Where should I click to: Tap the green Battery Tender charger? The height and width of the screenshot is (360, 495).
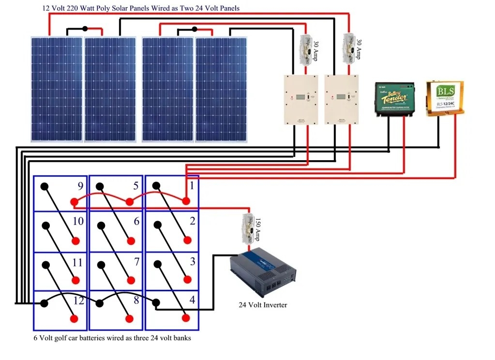coord(395,99)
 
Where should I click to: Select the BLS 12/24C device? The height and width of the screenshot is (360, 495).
coord(444,98)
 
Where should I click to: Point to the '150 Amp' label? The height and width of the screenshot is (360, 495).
coord(257,229)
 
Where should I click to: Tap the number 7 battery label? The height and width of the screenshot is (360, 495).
coord(136,262)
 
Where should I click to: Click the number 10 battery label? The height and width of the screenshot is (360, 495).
coord(77,222)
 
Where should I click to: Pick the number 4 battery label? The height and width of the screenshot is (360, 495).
coord(192,300)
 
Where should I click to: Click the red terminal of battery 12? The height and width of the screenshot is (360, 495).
coord(75,318)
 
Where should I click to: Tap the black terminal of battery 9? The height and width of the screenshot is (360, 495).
coord(44,186)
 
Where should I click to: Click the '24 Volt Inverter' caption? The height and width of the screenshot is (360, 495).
coord(263,305)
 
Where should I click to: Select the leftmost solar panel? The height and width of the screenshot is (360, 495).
coord(56,89)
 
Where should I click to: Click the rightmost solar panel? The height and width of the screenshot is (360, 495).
coord(221,89)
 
